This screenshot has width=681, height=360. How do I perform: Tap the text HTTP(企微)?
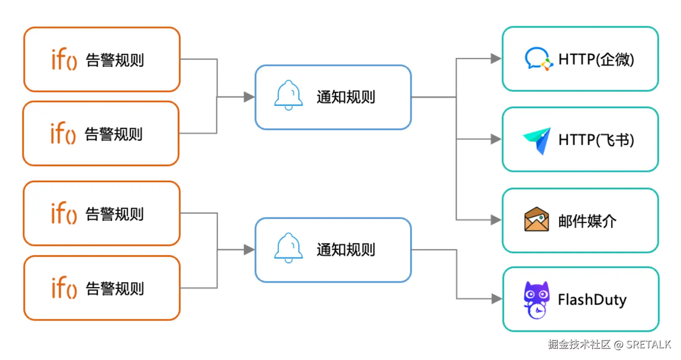click(x=596, y=59)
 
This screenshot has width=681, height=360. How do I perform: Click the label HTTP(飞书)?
click(x=596, y=140)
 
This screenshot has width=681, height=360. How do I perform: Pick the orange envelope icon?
click(x=537, y=219)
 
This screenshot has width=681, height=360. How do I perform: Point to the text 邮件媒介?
click(x=587, y=221)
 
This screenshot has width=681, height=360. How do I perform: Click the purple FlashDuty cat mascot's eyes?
click(x=537, y=294)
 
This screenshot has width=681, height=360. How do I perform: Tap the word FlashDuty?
click(x=592, y=300)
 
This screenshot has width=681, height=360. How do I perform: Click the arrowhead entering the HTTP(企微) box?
click(x=496, y=58)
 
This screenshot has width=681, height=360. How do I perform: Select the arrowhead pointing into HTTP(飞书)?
click(x=496, y=139)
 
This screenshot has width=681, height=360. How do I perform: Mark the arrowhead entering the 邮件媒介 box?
click(x=496, y=220)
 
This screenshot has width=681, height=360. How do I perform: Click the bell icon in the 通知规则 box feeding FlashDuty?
click(x=289, y=248)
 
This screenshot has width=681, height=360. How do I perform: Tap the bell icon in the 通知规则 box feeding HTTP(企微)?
click(x=289, y=95)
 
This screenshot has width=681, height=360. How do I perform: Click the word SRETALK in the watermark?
click(x=648, y=344)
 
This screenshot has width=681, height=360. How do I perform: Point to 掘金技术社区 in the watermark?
click(x=579, y=344)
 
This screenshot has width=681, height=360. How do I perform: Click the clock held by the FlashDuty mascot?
click(x=537, y=311)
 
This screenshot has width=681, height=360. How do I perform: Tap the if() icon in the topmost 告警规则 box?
click(x=64, y=59)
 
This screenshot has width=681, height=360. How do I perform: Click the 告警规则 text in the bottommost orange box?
click(x=115, y=289)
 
